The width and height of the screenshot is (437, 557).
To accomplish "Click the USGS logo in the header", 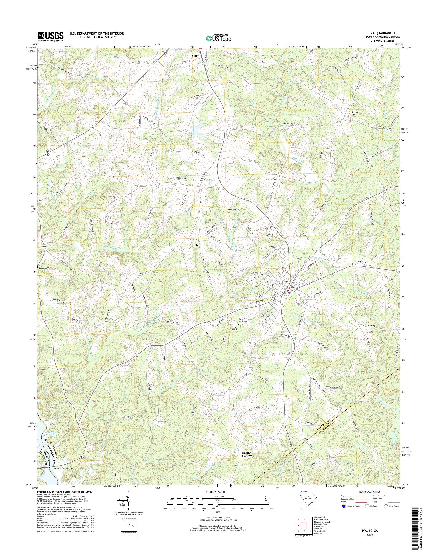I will [x=50, y=36].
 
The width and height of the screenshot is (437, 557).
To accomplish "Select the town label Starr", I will [x=195, y=55].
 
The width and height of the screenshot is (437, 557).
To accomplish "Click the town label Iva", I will [x=285, y=281].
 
